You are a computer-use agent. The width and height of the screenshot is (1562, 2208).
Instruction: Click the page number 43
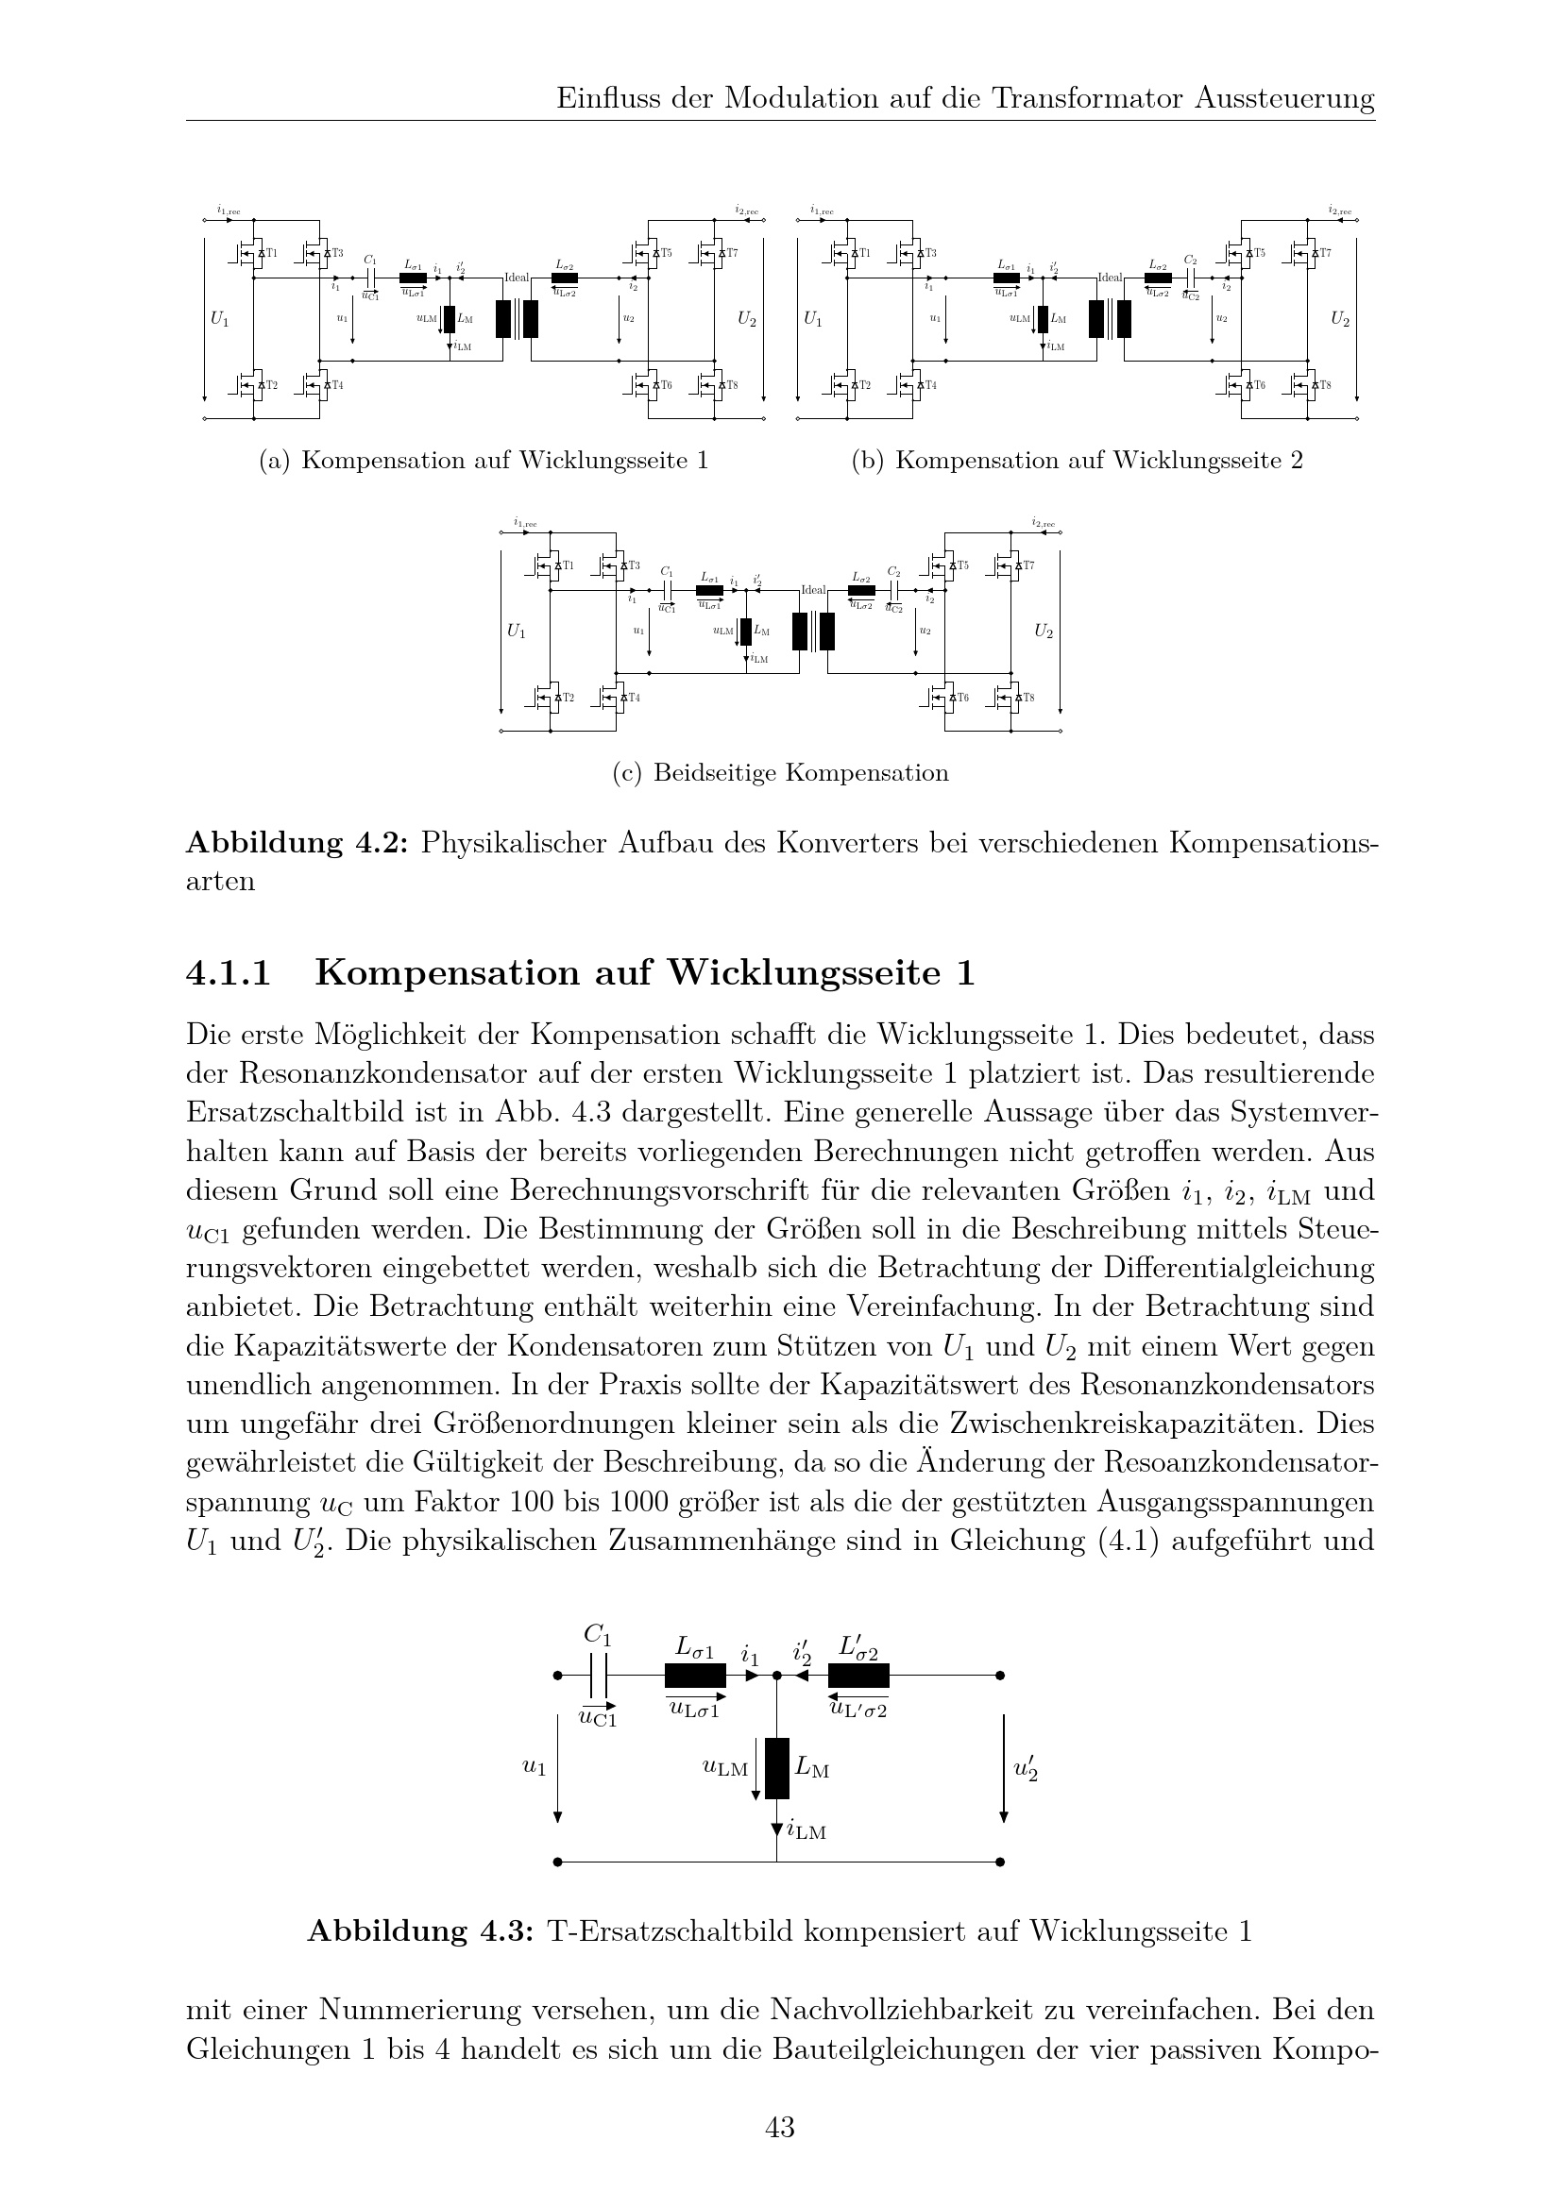click(779, 2127)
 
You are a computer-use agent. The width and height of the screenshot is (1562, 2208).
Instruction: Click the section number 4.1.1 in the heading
click(228, 973)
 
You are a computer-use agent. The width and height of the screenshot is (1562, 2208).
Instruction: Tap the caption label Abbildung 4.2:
click(297, 843)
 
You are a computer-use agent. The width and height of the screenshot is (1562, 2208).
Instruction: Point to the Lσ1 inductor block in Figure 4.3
click(694, 1677)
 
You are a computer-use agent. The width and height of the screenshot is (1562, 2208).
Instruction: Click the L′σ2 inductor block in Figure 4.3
click(857, 1677)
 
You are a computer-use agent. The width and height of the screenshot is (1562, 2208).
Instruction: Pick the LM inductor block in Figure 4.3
click(777, 1767)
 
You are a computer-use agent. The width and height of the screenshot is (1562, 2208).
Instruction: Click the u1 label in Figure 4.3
click(534, 1766)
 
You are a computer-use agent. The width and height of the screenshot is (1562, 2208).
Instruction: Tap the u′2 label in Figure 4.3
click(1027, 1767)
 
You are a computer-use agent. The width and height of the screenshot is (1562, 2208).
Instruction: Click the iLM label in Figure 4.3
click(806, 1830)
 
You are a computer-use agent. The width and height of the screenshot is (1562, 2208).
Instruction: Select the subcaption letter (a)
click(274, 461)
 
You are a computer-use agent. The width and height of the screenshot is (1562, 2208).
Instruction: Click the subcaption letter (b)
click(868, 461)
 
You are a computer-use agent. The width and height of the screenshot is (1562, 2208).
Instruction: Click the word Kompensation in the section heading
click(448, 973)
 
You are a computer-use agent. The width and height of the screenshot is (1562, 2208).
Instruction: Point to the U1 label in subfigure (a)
click(219, 318)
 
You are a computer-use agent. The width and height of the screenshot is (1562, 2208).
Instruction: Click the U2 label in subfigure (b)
click(1339, 318)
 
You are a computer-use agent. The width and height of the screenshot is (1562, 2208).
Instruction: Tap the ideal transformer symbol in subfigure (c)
click(813, 631)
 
